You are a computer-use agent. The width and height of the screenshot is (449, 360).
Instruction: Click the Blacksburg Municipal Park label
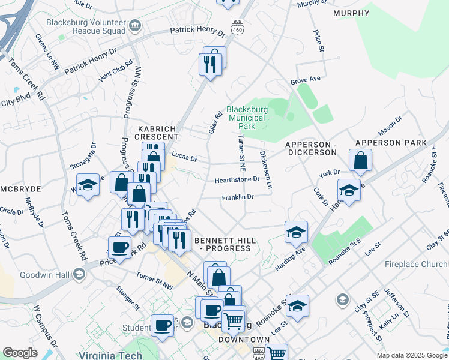(246, 118)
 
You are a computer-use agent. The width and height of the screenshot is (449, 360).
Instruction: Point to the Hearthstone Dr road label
(237, 179)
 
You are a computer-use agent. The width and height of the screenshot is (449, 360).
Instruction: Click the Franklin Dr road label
(238, 197)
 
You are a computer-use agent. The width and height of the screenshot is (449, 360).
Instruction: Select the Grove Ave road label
(305, 80)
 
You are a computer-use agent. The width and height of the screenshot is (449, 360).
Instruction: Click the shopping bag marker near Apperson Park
(360, 160)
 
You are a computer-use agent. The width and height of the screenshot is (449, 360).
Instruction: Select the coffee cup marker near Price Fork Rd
(119, 247)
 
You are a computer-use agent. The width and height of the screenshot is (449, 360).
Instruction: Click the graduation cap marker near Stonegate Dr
(88, 185)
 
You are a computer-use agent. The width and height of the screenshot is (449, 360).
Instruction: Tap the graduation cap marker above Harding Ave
(296, 232)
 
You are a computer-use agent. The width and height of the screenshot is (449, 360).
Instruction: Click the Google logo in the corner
(20, 353)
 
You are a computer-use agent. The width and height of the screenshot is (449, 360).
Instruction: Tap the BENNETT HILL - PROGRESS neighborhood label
(226, 244)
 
